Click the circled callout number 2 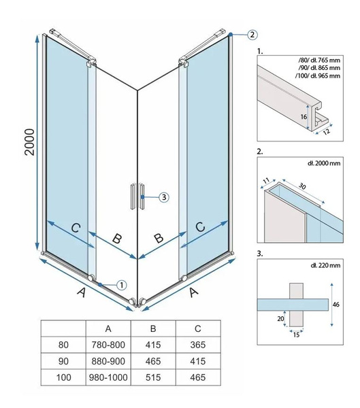point(252,35)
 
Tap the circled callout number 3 point(164,197)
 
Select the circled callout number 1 point(122,285)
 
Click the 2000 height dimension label point(30,142)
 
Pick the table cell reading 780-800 point(108,345)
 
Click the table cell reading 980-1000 point(108,377)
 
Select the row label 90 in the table point(63,361)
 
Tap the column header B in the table point(153,328)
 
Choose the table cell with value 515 point(153,377)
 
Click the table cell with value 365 point(198,345)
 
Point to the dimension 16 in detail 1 point(304,116)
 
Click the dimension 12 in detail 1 point(326,131)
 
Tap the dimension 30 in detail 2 point(302,186)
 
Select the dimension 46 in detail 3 point(336,304)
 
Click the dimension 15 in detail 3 point(296,335)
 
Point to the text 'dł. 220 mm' point(325,265)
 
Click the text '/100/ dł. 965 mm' point(318,75)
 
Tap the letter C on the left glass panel point(76,228)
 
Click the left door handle point(133,197)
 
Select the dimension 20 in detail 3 point(280,318)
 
